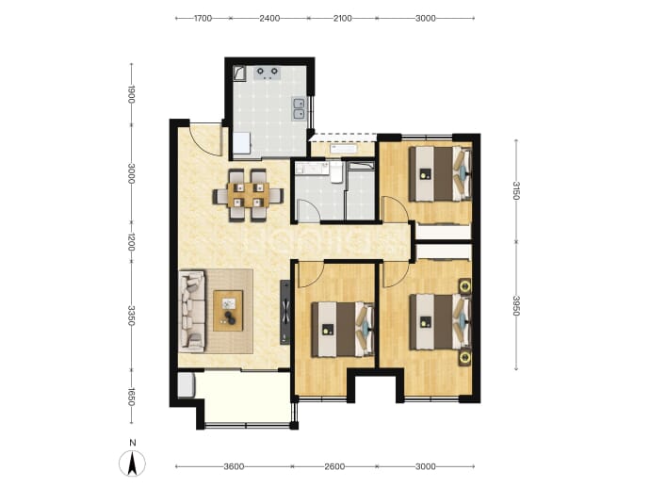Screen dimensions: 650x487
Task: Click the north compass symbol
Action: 132,463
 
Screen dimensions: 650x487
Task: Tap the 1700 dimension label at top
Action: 203,18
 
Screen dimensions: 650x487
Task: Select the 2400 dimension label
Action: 269,18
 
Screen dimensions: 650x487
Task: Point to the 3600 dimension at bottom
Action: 234,466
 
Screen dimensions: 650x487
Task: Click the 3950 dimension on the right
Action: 516,305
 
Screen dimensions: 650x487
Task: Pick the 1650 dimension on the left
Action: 131,397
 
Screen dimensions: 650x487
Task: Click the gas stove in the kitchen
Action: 268,73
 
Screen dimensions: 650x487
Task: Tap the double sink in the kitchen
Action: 299,108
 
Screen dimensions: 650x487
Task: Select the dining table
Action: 249,195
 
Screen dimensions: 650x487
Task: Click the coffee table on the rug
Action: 228,311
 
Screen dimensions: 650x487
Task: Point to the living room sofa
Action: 192,312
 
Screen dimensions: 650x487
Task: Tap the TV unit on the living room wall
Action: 285,312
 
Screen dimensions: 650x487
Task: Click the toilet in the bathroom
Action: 336,172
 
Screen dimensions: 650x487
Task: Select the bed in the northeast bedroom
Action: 440,174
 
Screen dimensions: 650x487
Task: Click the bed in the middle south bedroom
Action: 343,330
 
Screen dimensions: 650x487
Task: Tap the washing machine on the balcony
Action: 186,385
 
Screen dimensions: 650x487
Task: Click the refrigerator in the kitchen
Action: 242,143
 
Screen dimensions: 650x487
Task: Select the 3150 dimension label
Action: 516,190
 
